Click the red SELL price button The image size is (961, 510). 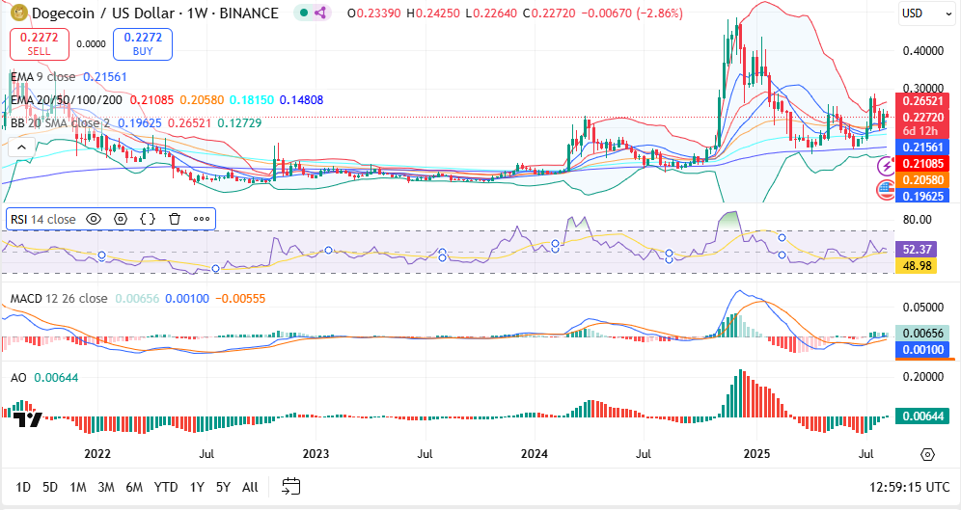tap(40, 43)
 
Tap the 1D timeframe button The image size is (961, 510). tap(23, 487)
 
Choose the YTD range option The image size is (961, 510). tap(166, 487)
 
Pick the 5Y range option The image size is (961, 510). tap(223, 487)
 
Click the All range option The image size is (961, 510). tap(250, 487)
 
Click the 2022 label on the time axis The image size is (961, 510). tap(97, 453)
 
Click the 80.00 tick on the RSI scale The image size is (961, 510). tap(916, 219)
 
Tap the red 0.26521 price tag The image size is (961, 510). tap(923, 100)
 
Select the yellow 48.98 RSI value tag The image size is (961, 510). tap(915, 264)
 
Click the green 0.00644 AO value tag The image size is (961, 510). tap(923, 416)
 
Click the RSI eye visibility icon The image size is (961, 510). tap(94, 219)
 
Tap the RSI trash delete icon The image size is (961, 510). tap(175, 219)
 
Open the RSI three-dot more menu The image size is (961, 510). tap(202, 219)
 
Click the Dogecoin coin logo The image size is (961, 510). tap(15, 13)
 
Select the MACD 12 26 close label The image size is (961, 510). tap(59, 299)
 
